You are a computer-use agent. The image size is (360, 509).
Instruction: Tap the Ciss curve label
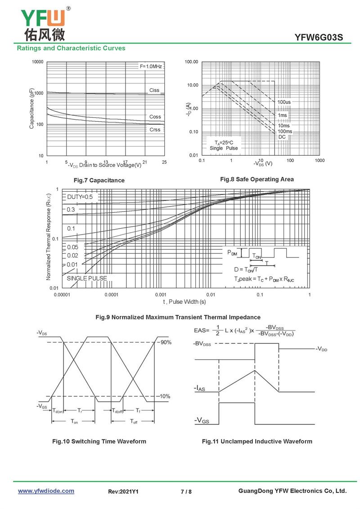click(x=154, y=90)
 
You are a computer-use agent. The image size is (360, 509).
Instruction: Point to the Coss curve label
click(x=155, y=117)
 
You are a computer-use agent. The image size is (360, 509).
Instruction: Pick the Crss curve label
click(x=155, y=130)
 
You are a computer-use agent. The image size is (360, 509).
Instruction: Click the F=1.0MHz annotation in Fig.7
click(x=151, y=67)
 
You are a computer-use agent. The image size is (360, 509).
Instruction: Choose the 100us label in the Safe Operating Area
click(x=284, y=102)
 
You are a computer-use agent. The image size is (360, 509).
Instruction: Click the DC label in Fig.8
click(x=282, y=137)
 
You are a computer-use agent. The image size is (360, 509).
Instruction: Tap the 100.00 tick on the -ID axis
click(x=192, y=62)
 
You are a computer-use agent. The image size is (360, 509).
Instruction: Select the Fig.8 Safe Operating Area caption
click(x=257, y=179)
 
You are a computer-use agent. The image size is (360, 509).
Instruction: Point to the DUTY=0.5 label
click(x=80, y=197)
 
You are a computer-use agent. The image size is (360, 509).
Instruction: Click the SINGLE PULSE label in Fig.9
click(x=87, y=278)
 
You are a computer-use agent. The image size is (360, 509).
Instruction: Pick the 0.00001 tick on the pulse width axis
click(x=62, y=295)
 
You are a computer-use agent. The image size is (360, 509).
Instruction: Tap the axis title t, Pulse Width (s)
click(x=184, y=302)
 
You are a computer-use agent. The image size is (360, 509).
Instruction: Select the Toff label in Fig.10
click(x=134, y=422)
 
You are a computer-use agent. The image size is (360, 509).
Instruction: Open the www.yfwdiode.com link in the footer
click(x=46, y=491)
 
